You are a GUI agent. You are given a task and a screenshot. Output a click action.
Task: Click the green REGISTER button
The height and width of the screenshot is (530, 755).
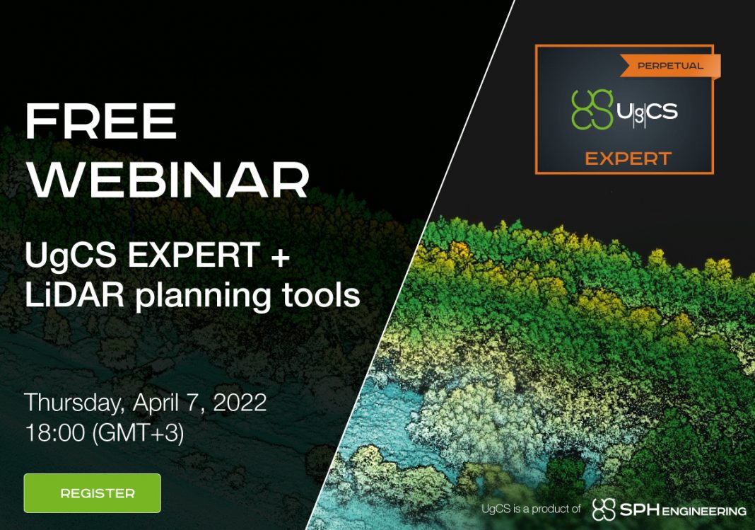[93, 493]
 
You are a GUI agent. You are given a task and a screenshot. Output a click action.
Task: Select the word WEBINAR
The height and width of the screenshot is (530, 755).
[167, 179]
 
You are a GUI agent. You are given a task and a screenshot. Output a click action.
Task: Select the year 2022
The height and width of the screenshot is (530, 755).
[240, 402]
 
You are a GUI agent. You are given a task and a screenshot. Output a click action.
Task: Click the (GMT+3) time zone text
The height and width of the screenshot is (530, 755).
[138, 433]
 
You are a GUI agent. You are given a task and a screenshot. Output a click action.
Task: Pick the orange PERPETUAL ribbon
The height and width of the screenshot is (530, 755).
[669, 66]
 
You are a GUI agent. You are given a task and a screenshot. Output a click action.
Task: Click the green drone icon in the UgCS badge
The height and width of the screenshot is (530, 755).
[592, 110]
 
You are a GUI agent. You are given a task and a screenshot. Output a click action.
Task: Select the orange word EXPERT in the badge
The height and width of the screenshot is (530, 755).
[628, 159]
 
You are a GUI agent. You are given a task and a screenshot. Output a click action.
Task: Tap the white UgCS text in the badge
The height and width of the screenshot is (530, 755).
[647, 111]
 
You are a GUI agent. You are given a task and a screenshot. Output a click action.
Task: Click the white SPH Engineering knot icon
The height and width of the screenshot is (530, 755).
[604, 509]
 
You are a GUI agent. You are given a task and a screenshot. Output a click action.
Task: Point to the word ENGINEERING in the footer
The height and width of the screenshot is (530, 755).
[704, 511]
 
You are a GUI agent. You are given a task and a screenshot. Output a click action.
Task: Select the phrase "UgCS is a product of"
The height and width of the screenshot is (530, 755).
[531, 509]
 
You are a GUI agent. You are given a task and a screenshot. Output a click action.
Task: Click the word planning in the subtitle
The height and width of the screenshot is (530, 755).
[203, 296]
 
